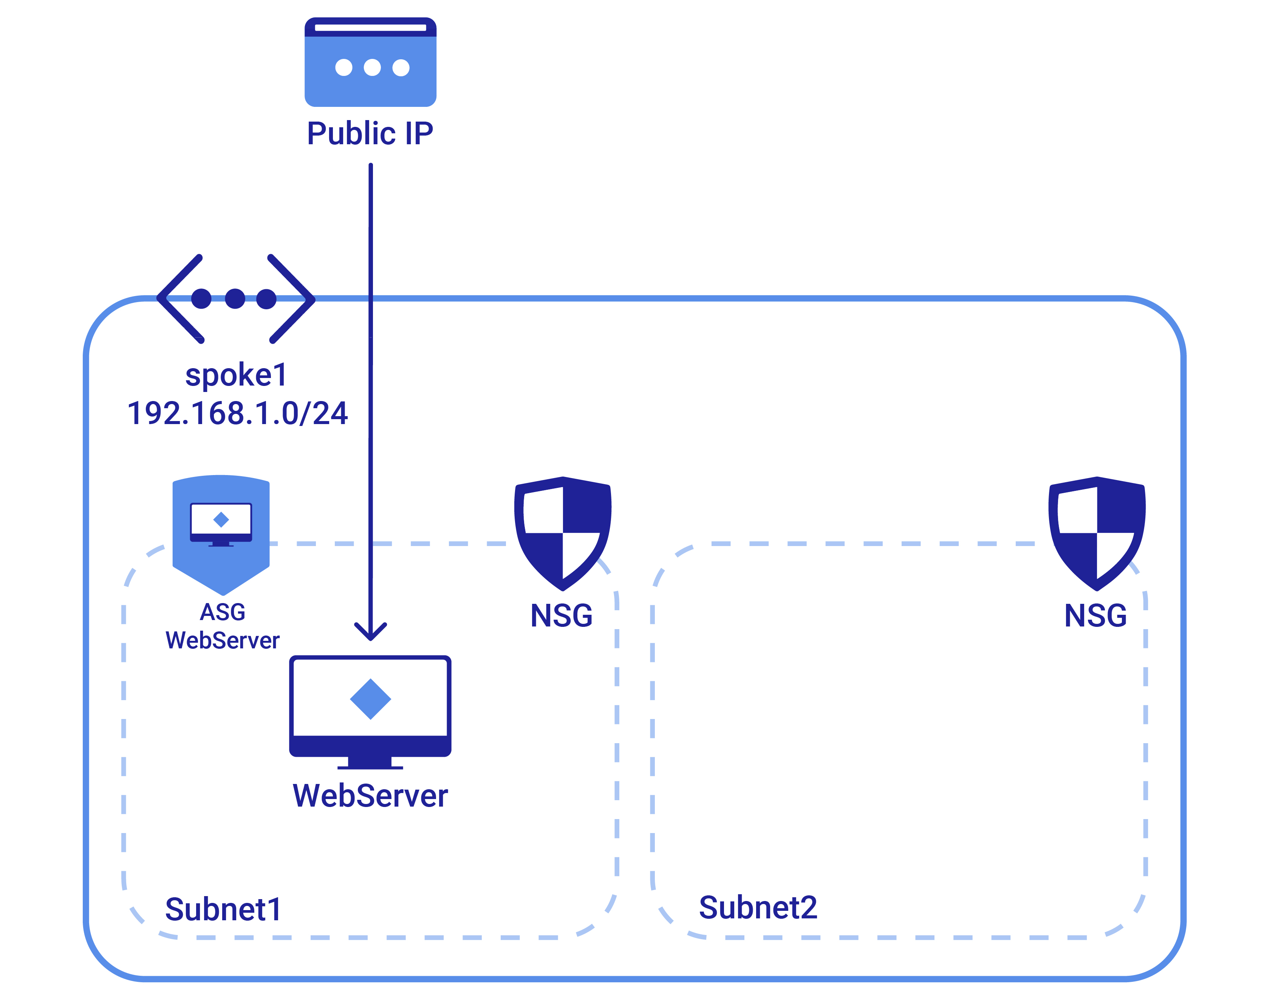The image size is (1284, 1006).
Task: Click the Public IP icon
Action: [370, 62]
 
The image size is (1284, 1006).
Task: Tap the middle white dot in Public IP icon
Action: [372, 67]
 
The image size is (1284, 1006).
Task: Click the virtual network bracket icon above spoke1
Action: [236, 299]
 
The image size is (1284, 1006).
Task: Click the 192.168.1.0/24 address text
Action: [237, 413]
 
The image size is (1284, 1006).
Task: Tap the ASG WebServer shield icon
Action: [221, 533]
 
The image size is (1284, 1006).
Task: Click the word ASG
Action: [222, 612]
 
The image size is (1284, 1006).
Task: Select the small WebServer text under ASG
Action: [222, 640]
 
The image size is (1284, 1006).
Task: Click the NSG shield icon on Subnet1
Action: [563, 533]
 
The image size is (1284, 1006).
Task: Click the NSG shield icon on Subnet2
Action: [1097, 533]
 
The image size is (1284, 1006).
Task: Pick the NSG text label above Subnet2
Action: [1095, 616]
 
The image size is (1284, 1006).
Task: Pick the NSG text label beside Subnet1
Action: [561, 616]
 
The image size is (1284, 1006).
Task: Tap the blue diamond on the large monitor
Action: [370, 699]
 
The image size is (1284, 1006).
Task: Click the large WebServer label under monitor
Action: [370, 796]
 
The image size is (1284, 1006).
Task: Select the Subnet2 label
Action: [758, 907]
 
